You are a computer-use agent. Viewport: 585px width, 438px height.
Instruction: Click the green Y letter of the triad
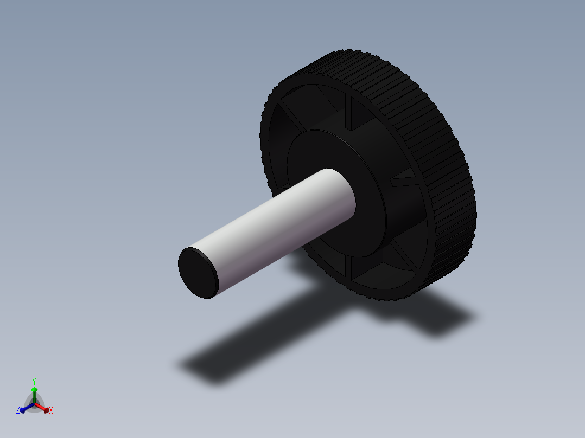[34, 381]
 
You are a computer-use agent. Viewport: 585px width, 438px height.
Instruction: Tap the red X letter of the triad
[51, 411]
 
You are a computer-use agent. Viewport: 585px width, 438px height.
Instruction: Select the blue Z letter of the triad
[18, 411]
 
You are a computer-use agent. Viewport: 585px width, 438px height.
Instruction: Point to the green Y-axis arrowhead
[34, 390]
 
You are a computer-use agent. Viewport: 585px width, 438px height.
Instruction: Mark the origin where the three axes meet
[34, 403]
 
